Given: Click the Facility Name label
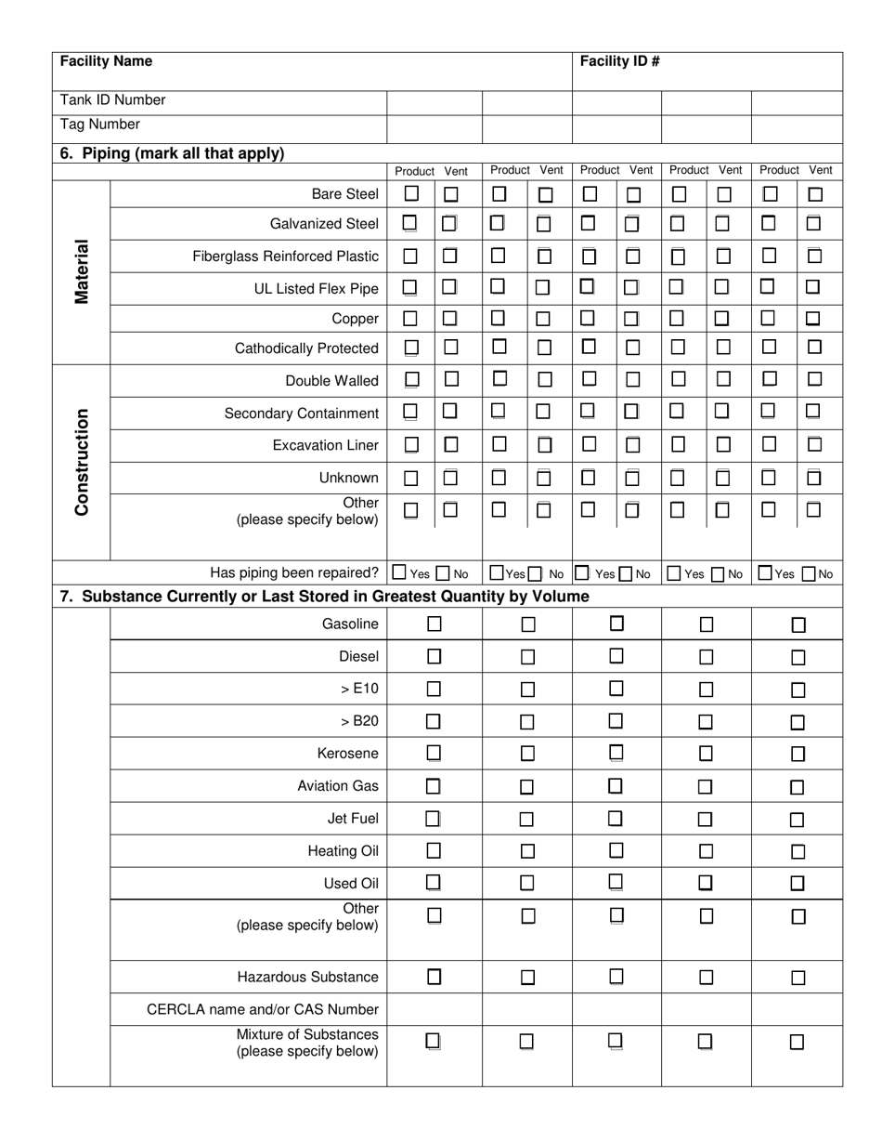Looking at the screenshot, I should click(x=106, y=61).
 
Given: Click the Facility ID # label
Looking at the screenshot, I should click(x=619, y=61).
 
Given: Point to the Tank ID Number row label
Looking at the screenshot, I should click(x=112, y=100).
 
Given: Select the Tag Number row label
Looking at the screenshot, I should click(x=100, y=125).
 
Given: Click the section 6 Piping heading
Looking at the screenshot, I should click(x=172, y=153).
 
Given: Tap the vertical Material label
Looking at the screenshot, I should click(x=82, y=271).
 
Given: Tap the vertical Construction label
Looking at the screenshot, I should click(x=82, y=462).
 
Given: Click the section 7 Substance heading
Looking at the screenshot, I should click(x=324, y=596).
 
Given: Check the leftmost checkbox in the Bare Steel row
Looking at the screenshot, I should click(x=411, y=194).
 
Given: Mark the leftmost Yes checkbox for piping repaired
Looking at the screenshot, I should click(x=399, y=573).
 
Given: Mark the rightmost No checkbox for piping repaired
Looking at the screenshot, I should click(x=809, y=573).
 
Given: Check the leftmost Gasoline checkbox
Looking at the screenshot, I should click(x=434, y=624).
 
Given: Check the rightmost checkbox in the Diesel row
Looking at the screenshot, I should click(x=798, y=657).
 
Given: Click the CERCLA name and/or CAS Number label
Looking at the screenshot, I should click(x=263, y=1009).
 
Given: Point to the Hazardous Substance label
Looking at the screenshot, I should click(x=307, y=977).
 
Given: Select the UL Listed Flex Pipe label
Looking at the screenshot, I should click(x=316, y=289).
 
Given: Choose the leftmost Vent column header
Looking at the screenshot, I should click(x=456, y=171).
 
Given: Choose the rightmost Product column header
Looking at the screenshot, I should click(x=779, y=170).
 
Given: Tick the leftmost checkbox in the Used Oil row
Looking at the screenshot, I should click(x=434, y=883).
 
